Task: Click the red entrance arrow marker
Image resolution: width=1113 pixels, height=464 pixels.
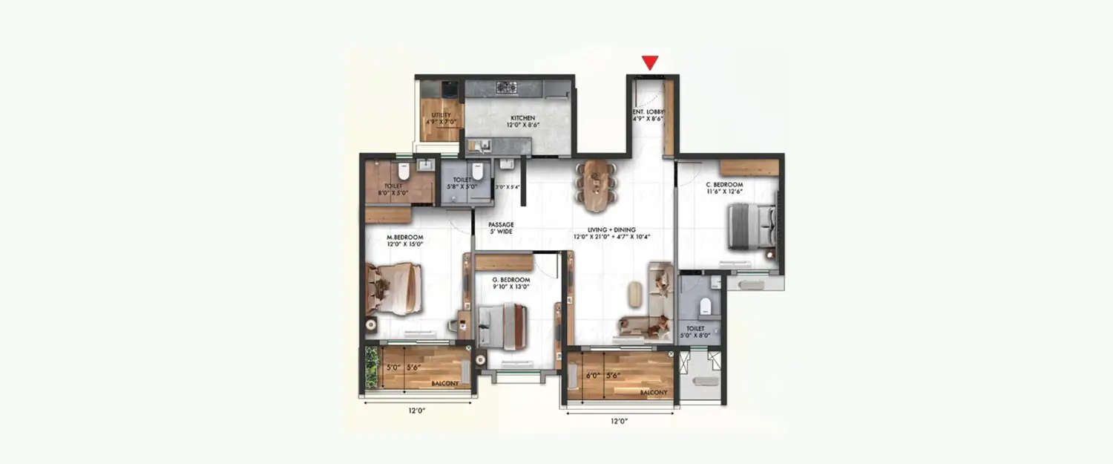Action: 650,63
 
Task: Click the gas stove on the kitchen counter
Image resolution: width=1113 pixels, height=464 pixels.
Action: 506,88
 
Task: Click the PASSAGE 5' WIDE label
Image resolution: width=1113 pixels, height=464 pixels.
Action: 500,228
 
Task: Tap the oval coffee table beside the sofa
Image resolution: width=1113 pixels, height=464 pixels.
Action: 634,295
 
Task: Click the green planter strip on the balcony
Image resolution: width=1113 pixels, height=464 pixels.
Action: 372,367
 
